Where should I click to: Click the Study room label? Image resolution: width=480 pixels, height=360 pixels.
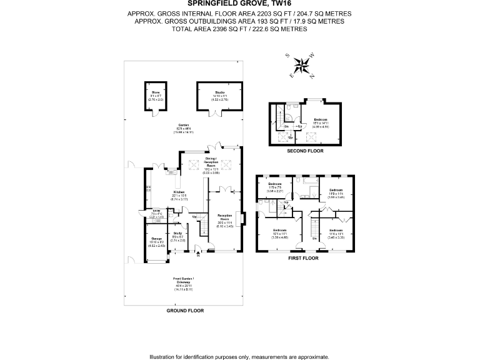[x=177, y=236]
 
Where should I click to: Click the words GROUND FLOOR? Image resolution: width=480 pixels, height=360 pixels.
[x=186, y=311]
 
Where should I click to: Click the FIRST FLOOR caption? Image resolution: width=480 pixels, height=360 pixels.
[x=302, y=258]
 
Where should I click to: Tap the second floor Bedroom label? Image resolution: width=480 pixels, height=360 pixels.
[x=321, y=121]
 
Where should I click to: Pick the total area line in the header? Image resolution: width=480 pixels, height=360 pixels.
[x=239, y=29]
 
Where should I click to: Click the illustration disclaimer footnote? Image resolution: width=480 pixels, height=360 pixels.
[x=239, y=356]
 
